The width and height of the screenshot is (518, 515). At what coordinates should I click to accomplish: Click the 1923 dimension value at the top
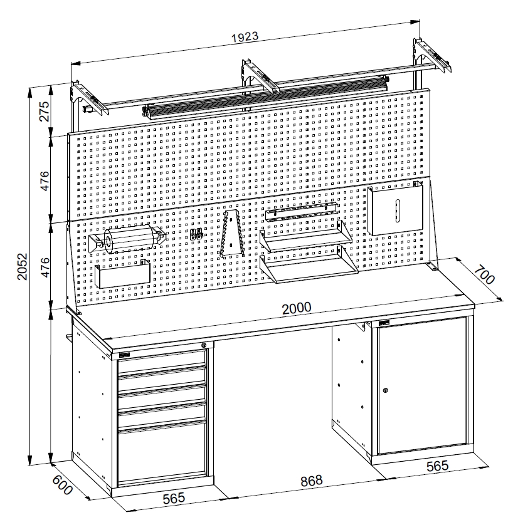coord(245,36)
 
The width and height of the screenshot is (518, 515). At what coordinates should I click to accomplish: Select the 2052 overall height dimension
coord(23,267)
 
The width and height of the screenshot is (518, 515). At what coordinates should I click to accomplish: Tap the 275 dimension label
coord(45,112)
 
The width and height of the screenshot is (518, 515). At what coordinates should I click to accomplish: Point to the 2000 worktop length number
coord(297,308)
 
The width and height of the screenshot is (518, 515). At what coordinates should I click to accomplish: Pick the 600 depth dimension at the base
coord(63,486)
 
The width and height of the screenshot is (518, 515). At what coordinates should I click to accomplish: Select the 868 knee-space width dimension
coord(311,481)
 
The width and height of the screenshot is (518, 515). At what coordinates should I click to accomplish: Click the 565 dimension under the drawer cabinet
coord(174,498)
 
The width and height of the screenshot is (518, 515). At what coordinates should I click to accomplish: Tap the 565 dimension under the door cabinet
coord(438,466)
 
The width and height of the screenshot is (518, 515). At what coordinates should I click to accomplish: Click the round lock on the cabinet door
coord(385,390)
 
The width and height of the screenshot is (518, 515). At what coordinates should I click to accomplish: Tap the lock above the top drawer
coord(204,345)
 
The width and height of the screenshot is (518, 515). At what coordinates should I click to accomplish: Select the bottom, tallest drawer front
coord(162,454)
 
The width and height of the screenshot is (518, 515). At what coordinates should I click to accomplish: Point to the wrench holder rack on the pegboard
coord(233,233)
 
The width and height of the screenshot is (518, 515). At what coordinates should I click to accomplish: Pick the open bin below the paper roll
coord(122,274)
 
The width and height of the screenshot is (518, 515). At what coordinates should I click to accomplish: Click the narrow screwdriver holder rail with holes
coord(301,211)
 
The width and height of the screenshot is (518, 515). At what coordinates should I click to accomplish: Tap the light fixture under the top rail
coord(266,97)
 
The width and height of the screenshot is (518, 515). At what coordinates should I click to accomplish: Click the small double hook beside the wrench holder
coord(196,234)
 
